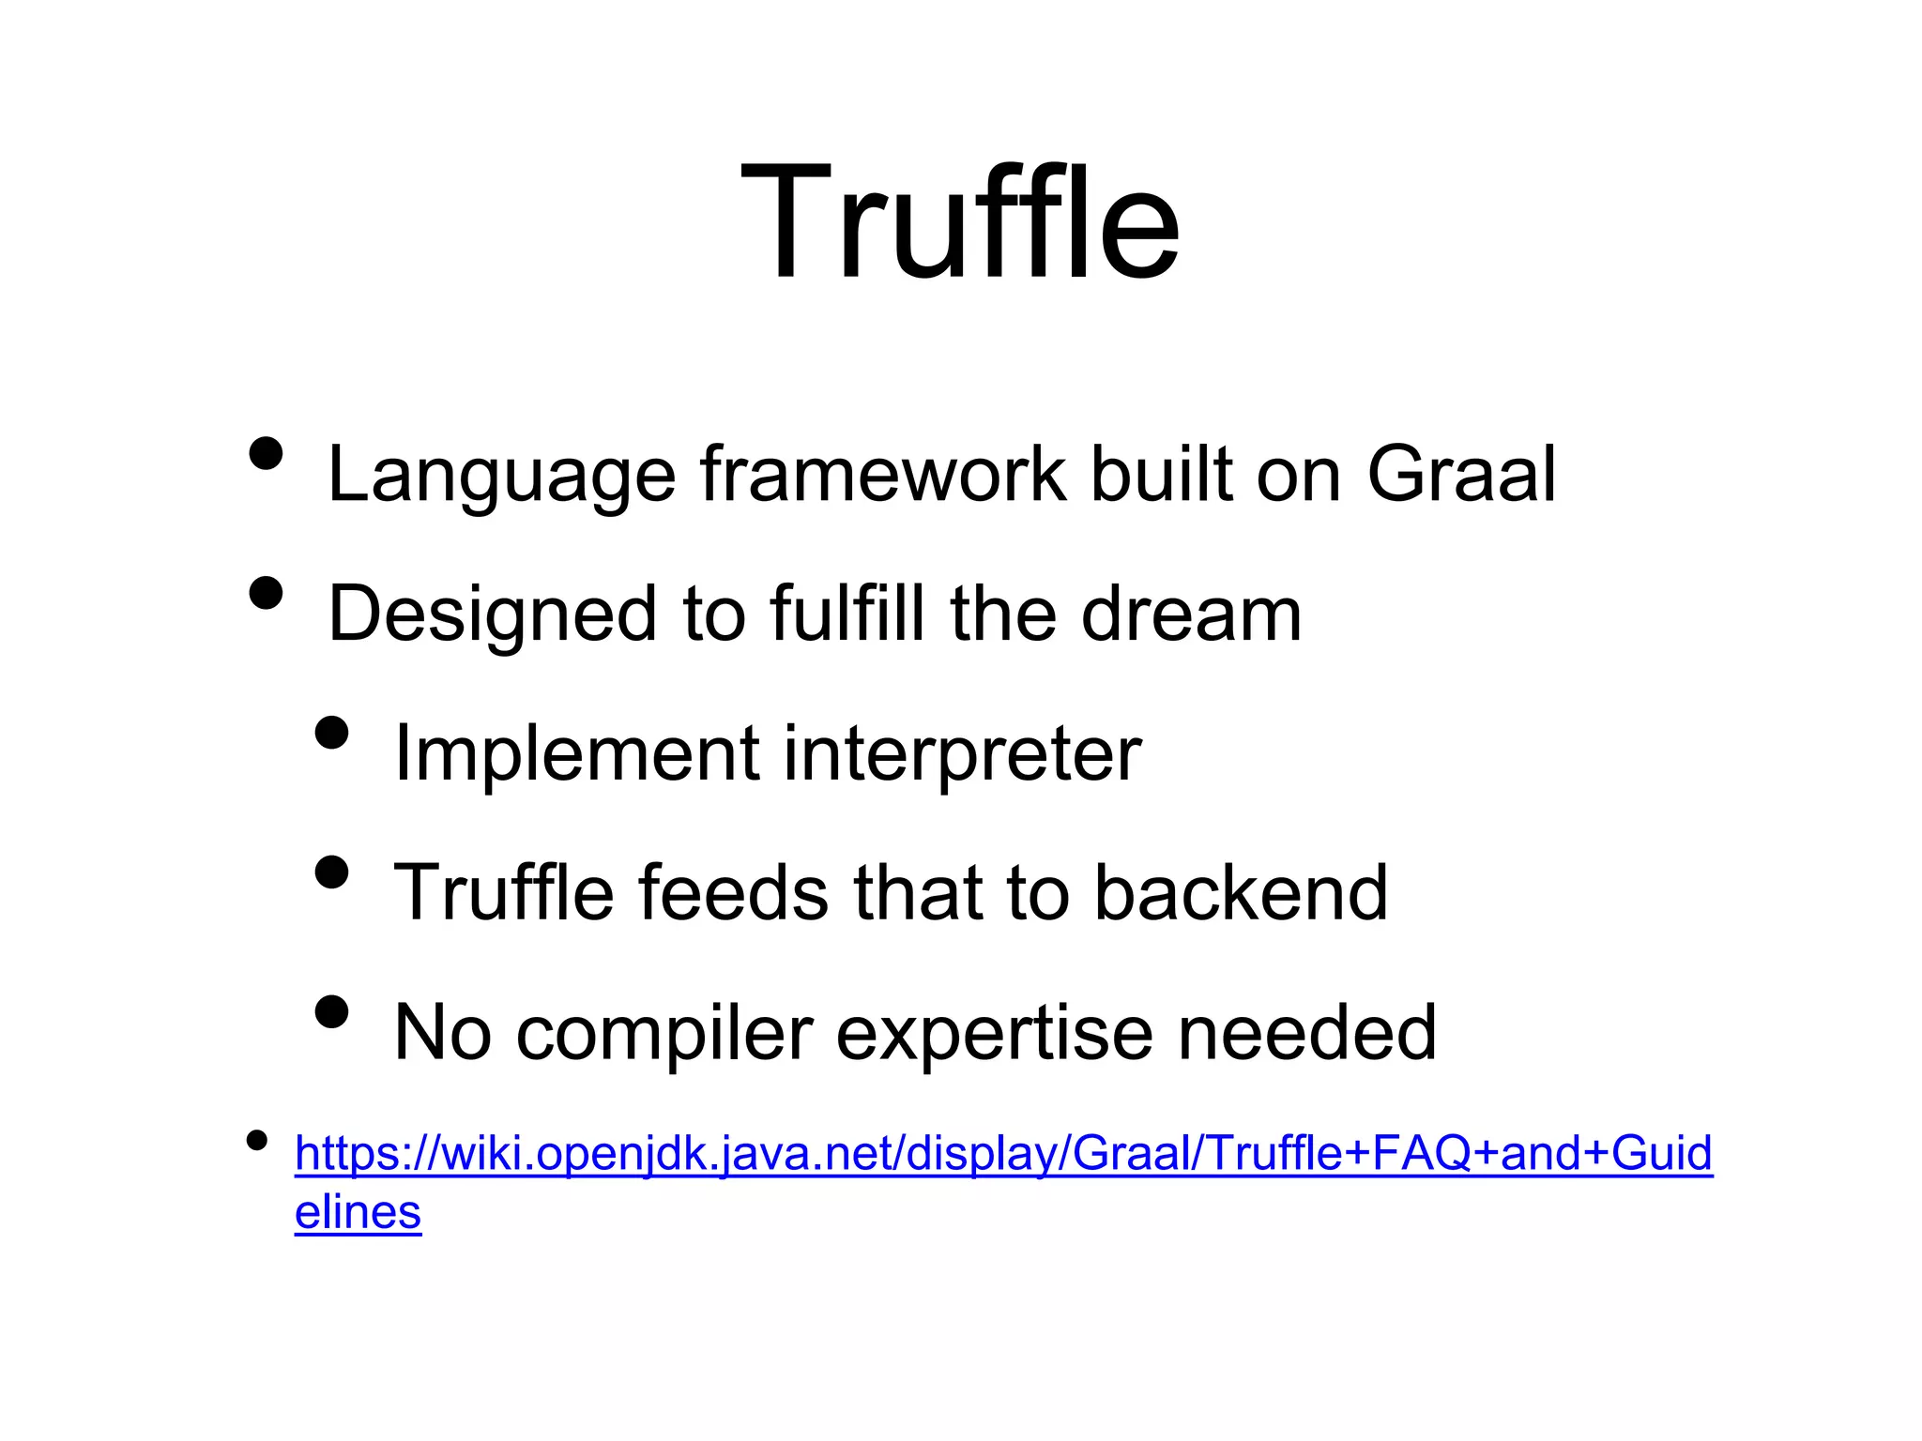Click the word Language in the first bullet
pyautogui.click(x=501, y=476)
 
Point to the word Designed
pyautogui.click(x=492, y=614)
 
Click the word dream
pyautogui.click(x=1191, y=614)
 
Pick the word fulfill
pyautogui.click(x=847, y=614)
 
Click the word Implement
pyautogui.click(x=576, y=753)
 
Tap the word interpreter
pyautogui.click(x=962, y=753)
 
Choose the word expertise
pyautogui.click(x=994, y=1033)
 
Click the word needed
pyautogui.click(x=1306, y=1032)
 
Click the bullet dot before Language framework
pyautogui.click(x=267, y=453)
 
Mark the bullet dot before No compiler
pyautogui.click(x=332, y=1012)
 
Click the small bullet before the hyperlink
pyautogui.click(x=256, y=1141)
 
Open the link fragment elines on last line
pyautogui.click(x=358, y=1212)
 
